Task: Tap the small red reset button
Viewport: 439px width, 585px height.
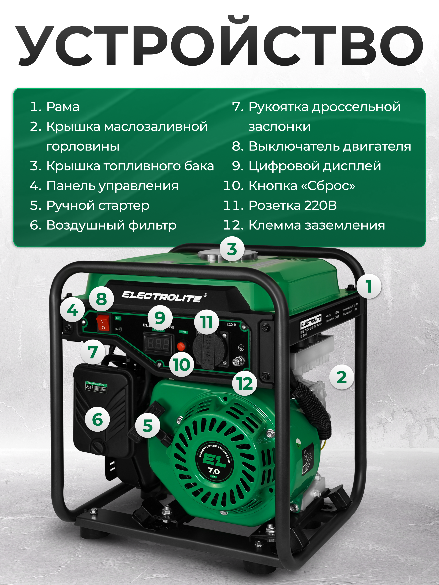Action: tap(181, 346)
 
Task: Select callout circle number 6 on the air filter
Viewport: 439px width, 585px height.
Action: tap(97, 420)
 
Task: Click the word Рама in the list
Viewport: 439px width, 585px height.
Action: tap(63, 107)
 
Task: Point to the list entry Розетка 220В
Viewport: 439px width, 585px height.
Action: tap(292, 206)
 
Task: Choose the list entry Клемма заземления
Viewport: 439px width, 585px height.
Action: tap(316, 225)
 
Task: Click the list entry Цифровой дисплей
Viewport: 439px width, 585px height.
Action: tap(314, 166)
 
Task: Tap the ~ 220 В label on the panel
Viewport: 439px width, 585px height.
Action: tap(230, 325)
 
